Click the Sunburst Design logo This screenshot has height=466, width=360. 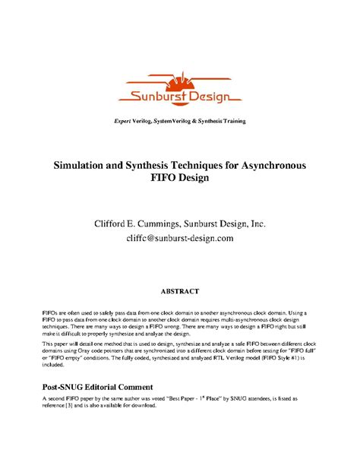pyautogui.click(x=179, y=90)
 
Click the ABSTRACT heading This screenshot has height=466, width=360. pyautogui.click(x=179, y=291)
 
